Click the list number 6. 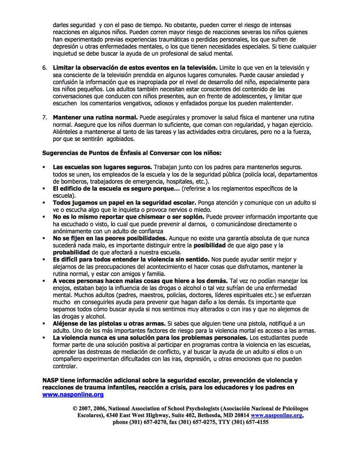pyautogui.click(x=44, y=68)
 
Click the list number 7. pyautogui.click(x=44, y=117)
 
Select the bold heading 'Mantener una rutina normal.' pyautogui.click(x=95, y=117)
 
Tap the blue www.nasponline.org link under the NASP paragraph pyautogui.click(x=73, y=395)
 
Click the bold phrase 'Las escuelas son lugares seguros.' pyautogui.click(x=102, y=167)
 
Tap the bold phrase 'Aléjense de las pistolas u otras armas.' pyautogui.click(x=109, y=323)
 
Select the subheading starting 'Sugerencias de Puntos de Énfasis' pyautogui.click(x=132, y=153)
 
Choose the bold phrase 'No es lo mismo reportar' pyautogui.click(x=91, y=217)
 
